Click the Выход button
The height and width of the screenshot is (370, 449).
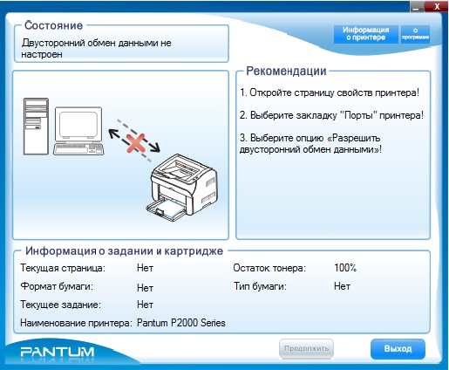pyautogui.click(x=398, y=349)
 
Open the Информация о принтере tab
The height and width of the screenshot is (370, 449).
pyautogui.click(x=365, y=34)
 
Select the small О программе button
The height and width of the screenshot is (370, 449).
pyautogui.click(x=415, y=34)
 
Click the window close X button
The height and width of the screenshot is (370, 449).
pyautogui.click(x=437, y=6)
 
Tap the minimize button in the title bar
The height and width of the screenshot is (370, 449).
pyautogui.click(x=417, y=7)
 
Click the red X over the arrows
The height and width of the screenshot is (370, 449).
pyautogui.click(x=136, y=143)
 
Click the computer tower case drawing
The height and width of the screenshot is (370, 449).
pyautogui.click(x=36, y=127)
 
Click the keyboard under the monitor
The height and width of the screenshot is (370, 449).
pyautogui.click(x=78, y=148)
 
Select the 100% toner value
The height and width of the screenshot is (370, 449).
pyautogui.click(x=345, y=268)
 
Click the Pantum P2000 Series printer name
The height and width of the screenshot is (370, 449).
pyautogui.click(x=181, y=323)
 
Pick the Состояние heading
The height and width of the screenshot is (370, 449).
pyautogui.click(x=54, y=25)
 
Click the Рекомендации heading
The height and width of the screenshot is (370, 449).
pyautogui.click(x=286, y=71)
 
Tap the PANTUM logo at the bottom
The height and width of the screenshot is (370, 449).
pyautogui.click(x=58, y=352)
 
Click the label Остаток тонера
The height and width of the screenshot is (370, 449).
pyautogui.click(x=269, y=268)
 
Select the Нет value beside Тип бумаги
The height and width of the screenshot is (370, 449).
pyautogui.click(x=342, y=286)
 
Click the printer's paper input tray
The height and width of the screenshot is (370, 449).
pyautogui.click(x=167, y=209)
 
